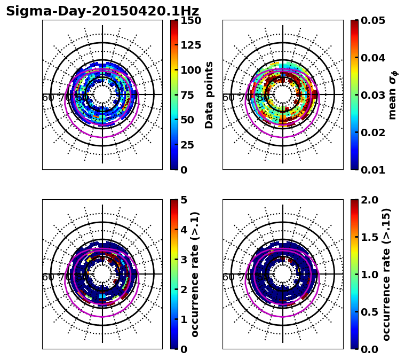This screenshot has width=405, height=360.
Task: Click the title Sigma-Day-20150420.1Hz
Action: coord(102,11)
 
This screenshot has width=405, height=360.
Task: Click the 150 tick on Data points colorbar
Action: coord(190,20)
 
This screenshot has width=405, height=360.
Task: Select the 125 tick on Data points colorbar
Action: coord(190,45)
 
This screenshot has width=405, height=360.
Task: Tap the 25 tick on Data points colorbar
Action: coord(187,145)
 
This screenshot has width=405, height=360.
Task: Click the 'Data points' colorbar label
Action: coord(209,95)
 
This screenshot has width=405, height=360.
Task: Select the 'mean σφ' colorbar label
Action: coord(393,95)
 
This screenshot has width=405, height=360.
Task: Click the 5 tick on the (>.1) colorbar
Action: coord(184,200)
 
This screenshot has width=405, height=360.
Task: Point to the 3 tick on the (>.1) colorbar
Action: coord(184,260)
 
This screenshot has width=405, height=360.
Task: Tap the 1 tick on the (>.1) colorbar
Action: coord(184,319)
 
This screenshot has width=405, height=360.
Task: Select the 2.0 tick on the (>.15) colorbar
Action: coord(368,200)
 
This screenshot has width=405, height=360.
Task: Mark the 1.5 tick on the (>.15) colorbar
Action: coord(368,237)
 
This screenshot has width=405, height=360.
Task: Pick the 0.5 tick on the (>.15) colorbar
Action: coord(368,312)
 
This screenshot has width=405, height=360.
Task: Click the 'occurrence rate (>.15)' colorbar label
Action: coord(386,275)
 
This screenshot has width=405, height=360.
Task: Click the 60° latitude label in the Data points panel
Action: coord(48,98)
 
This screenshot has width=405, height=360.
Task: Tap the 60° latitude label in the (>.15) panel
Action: coord(228,277)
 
